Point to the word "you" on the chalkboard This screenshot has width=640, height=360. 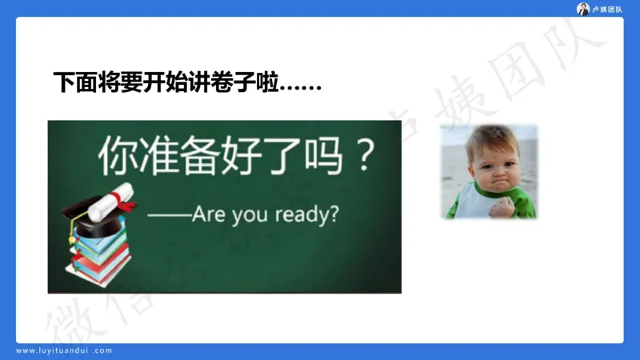252,215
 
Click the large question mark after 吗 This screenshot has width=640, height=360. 364,157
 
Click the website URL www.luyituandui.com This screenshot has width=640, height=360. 65,350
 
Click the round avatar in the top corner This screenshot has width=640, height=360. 583,9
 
